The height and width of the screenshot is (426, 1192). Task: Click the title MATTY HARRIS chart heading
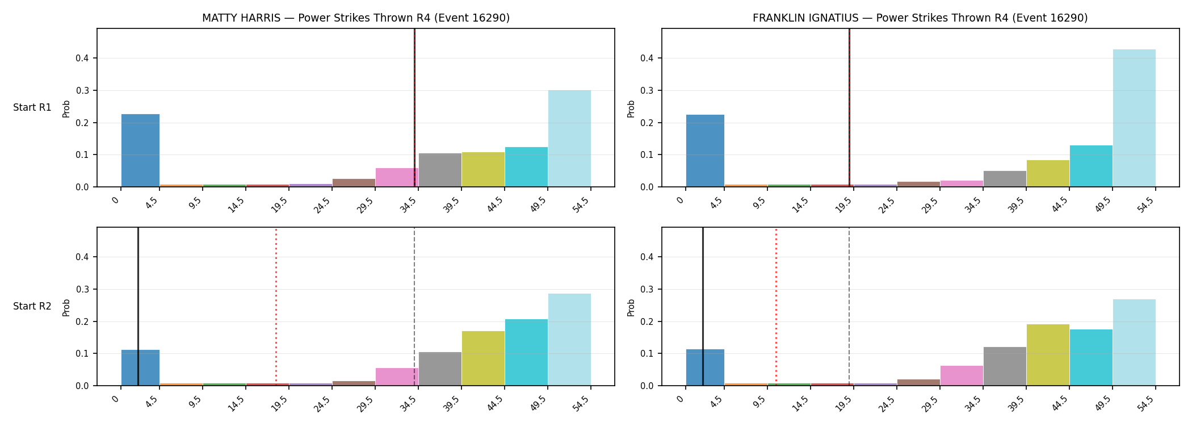356,18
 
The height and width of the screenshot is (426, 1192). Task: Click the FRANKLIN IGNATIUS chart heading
920,18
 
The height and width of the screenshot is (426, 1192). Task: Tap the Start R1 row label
32,108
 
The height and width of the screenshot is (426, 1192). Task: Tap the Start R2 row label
32,307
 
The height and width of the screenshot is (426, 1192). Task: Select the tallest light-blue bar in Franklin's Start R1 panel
1134,118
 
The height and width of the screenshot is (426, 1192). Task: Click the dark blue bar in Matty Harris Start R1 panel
140,151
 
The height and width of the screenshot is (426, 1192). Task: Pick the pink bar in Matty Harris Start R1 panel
397,177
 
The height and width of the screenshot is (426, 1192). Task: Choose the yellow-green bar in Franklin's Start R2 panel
1048,355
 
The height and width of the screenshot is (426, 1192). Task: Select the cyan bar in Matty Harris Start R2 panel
526,352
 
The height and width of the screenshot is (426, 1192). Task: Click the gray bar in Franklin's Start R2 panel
1005,366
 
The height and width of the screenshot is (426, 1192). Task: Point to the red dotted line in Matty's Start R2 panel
276,307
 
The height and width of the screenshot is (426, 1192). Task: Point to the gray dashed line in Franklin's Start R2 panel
849,307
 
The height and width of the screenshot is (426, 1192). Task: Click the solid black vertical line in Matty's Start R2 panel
138,307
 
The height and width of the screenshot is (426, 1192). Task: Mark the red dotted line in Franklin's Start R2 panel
776,307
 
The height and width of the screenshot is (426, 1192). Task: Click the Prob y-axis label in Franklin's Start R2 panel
631,307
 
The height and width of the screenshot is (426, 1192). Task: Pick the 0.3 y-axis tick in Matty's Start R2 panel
83,290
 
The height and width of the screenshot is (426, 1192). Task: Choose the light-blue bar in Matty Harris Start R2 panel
569,340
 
